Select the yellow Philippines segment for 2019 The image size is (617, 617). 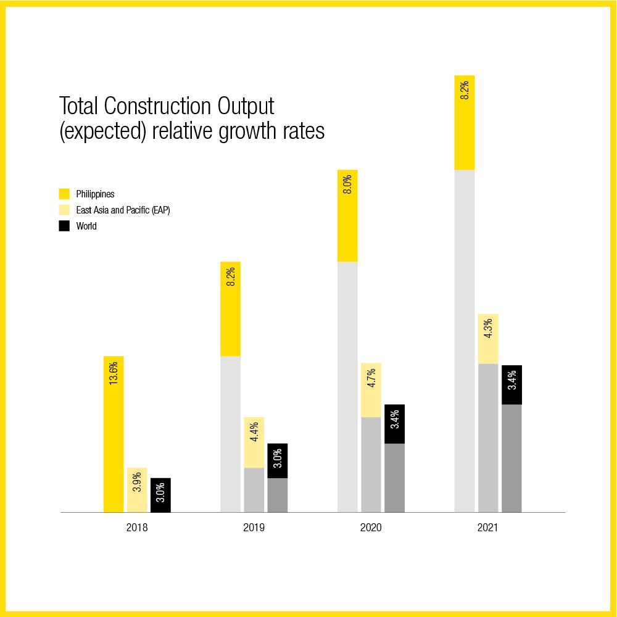[x=231, y=308]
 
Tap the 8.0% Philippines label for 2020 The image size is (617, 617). [x=347, y=185]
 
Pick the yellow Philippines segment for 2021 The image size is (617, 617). [x=465, y=122]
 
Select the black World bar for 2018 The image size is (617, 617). [x=160, y=495]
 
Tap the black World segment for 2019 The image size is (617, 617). [x=278, y=460]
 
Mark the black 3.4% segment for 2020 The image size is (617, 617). [x=394, y=424]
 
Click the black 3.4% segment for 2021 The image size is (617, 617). [x=511, y=384]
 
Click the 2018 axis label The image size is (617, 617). [x=137, y=528]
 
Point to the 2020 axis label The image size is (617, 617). [x=371, y=528]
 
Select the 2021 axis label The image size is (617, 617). [x=487, y=528]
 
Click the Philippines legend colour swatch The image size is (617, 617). [x=64, y=194]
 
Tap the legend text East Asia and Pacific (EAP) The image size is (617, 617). [x=123, y=210]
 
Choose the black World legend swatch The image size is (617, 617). [x=64, y=226]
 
